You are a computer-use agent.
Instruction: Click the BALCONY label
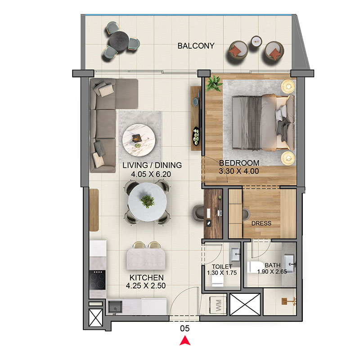pyautogui.click(x=196, y=46)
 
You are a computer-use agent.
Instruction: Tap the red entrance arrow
pyautogui.click(x=185, y=341)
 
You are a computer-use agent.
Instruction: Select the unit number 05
pyautogui.click(x=185, y=328)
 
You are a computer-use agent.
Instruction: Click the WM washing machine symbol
pyautogui.click(x=218, y=305)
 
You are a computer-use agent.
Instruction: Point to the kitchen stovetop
pyautogui.click(x=97, y=280)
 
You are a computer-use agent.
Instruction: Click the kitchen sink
pyautogui.click(x=115, y=307)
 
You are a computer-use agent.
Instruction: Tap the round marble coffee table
pyautogui.click(x=139, y=140)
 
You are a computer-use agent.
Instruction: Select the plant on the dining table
pyautogui.click(x=147, y=201)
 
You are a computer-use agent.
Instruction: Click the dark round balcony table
pyautogui.click(x=119, y=41)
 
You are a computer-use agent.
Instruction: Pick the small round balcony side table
pyautogui.click(x=256, y=41)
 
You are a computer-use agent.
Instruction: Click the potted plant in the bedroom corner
pyautogui.click(x=214, y=83)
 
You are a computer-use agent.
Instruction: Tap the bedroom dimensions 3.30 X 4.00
pyautogui.click(x=239, y=171)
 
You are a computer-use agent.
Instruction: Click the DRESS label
pyautogui.click(x=261, y=223)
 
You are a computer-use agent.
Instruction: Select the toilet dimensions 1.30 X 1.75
pyautogui.click(x=222, y=273)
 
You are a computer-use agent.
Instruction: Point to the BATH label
pyautogui.click(x=273, y=265)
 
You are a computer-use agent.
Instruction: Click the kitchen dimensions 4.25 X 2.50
pyautogui.click(x=146, y=286)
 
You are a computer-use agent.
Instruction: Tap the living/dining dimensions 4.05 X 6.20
pyautogui.click(x=151, y=174)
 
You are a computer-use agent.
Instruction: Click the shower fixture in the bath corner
pyautogui.click(x=288, y=301)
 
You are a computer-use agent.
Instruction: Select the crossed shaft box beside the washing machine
pyautogui.click(x=245, y=305)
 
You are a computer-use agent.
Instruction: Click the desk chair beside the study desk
pyautogui.click(x=198, y=213)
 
